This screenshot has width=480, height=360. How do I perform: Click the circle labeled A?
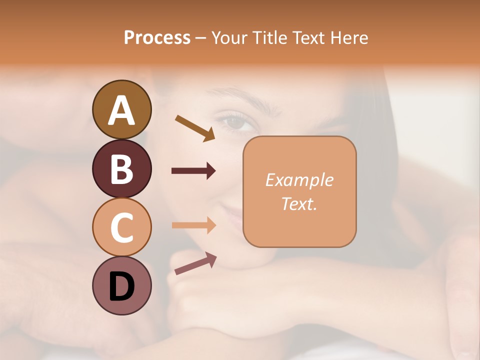pyautogui.click(x=121, y=109)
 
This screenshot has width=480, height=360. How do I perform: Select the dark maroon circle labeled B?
pyautogui.click(x=121, y=168)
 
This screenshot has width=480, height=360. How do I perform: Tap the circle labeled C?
pyautogui.click(x=121, y=227)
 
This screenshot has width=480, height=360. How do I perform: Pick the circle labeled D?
pyautogui.click(x=121, y=286)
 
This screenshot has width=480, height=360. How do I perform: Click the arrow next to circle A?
pyautogui.click(x=195, y=128)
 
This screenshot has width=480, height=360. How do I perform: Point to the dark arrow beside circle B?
pyautogui.click(x=193, y=171)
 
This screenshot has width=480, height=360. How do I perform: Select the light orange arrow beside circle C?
pyautogui.click(x=193, y=225)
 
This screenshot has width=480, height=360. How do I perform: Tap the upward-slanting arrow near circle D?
pyautogui.click(x=195, y=263)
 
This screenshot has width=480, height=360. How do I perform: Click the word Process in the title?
pyautogui.click(x=157, y=38)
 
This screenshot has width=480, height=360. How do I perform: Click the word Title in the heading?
pyautogui.click(x=270, y=38)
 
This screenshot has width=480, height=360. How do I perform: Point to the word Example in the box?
pyautogui.click(x=299, y=180)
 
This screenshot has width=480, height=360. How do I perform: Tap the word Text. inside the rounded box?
pyautogui.click(x=299, y=203)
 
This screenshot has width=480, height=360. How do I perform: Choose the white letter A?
pyautogui.click(x=121, y=110)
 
